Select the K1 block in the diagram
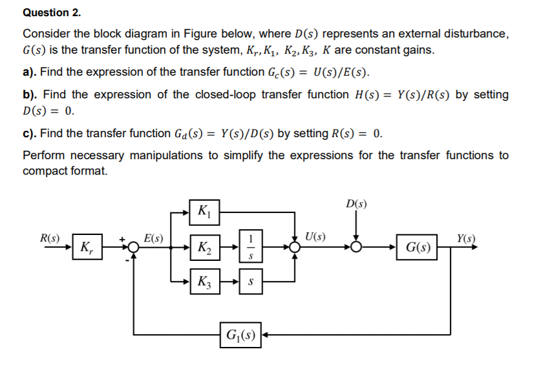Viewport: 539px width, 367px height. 205,211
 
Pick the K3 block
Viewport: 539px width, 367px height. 205,282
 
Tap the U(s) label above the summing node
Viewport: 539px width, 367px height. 314,237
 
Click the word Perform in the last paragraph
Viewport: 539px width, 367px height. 43,156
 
